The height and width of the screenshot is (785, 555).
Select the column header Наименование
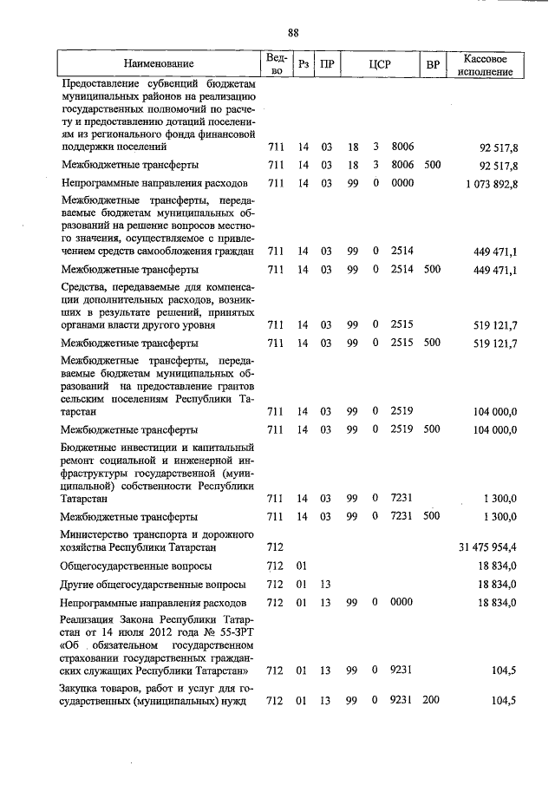click(159, 63)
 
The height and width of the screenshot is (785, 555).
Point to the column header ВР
click(432, 63)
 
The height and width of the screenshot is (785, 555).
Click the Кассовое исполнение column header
click(486, 63)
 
